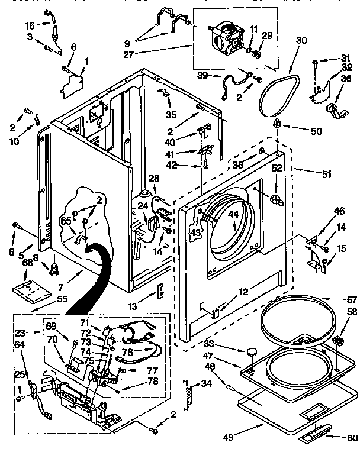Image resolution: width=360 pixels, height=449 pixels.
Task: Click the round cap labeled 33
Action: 252,353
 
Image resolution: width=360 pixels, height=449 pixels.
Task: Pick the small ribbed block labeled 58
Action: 339,341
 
